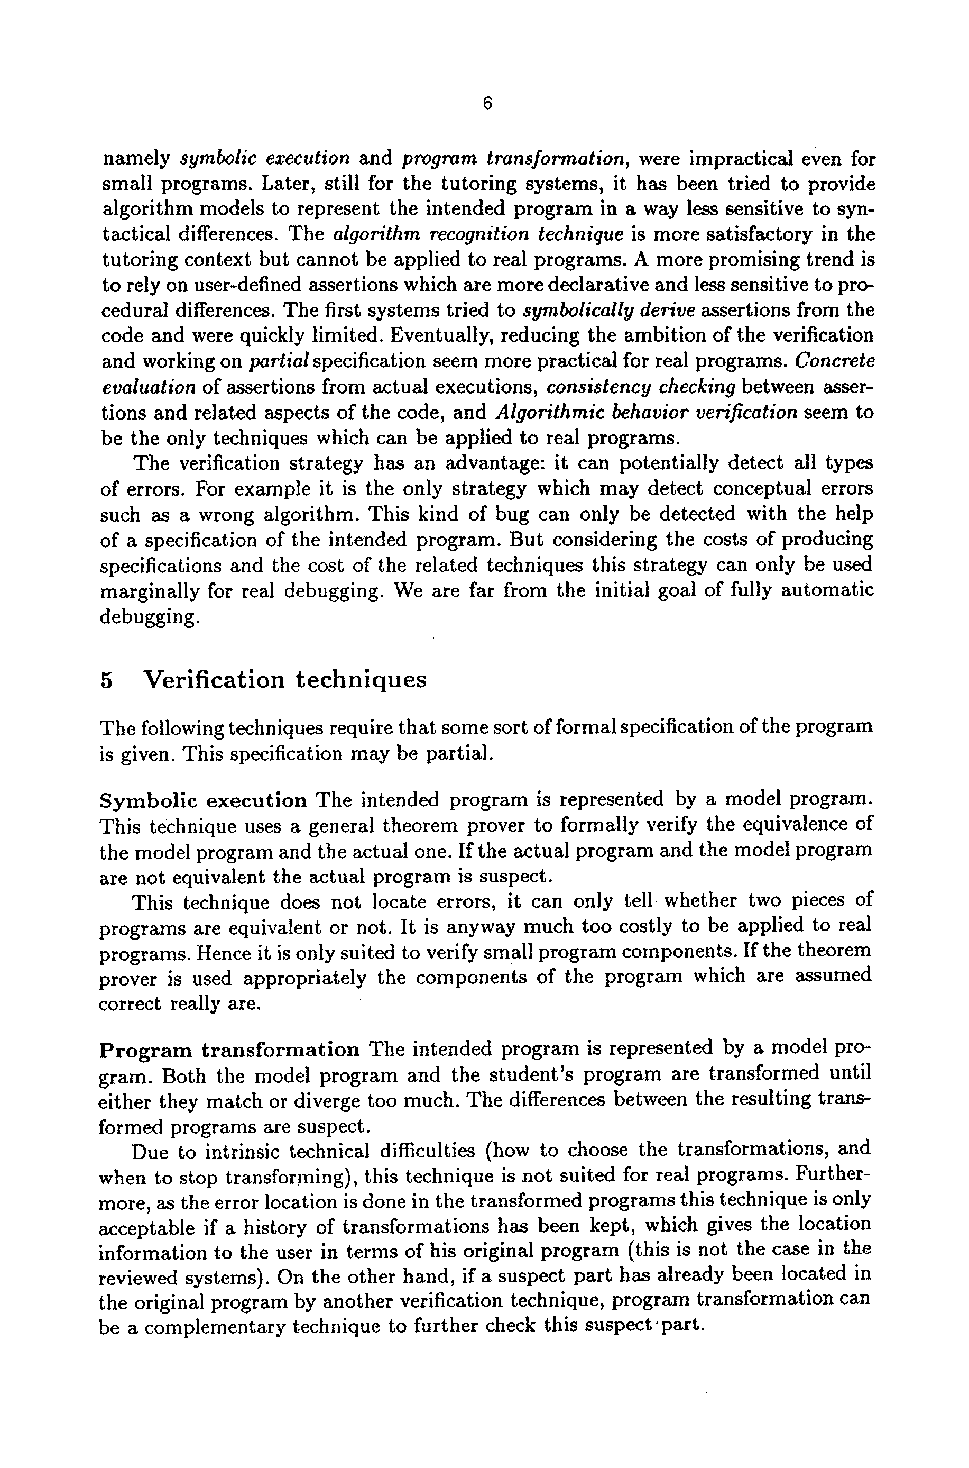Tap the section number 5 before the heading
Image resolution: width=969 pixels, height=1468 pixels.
pos(106,680)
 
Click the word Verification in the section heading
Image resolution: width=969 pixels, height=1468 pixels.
pos(214,680)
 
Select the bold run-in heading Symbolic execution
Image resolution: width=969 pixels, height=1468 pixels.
pos(204,800)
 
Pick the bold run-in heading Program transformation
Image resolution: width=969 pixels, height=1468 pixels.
pos(229,1050)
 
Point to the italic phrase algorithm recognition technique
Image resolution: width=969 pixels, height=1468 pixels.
pos(478,234)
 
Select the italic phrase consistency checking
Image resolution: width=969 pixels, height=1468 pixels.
pos(641,387)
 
